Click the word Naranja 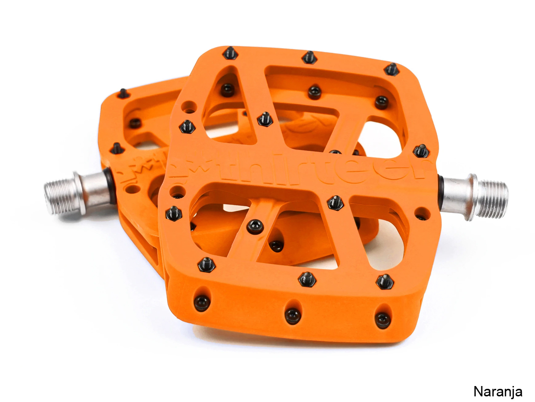[497, 391]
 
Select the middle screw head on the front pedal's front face [293, 315]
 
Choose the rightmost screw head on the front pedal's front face [383, 320]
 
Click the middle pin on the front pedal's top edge [309, 57]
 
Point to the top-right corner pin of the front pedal [391, 70]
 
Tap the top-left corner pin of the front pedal [230, 53]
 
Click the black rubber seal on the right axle [440, 193]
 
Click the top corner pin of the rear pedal [123, 94]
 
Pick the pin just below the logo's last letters [335, 203]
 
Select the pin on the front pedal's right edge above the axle [421, 151]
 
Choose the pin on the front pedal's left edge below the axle [174, 213]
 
